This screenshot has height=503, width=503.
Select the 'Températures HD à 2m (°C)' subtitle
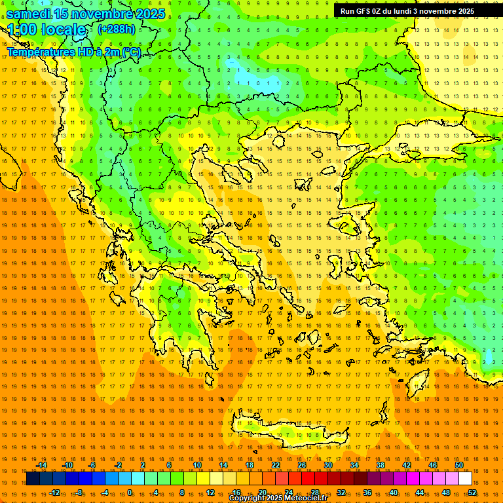point(74,52)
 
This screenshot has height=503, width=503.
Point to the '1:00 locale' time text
point(47,29)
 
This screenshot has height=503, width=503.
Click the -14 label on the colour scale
point(41,465)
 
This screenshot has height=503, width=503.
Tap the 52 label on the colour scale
point(472,493)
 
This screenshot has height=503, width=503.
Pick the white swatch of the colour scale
point(465,479)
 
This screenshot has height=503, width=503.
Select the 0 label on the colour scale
point(129,493)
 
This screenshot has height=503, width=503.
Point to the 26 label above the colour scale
point(302,465)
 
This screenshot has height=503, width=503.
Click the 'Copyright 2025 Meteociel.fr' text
point(278,498)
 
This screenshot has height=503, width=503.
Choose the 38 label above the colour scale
point(381,465)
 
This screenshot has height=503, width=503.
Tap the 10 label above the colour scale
point(197,465)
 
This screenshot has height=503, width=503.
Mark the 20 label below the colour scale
point(262,493)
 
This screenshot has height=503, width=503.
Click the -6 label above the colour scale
point(92,465)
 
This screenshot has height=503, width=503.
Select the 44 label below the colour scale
point(420,493)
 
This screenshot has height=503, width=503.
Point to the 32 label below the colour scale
point(341,493)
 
